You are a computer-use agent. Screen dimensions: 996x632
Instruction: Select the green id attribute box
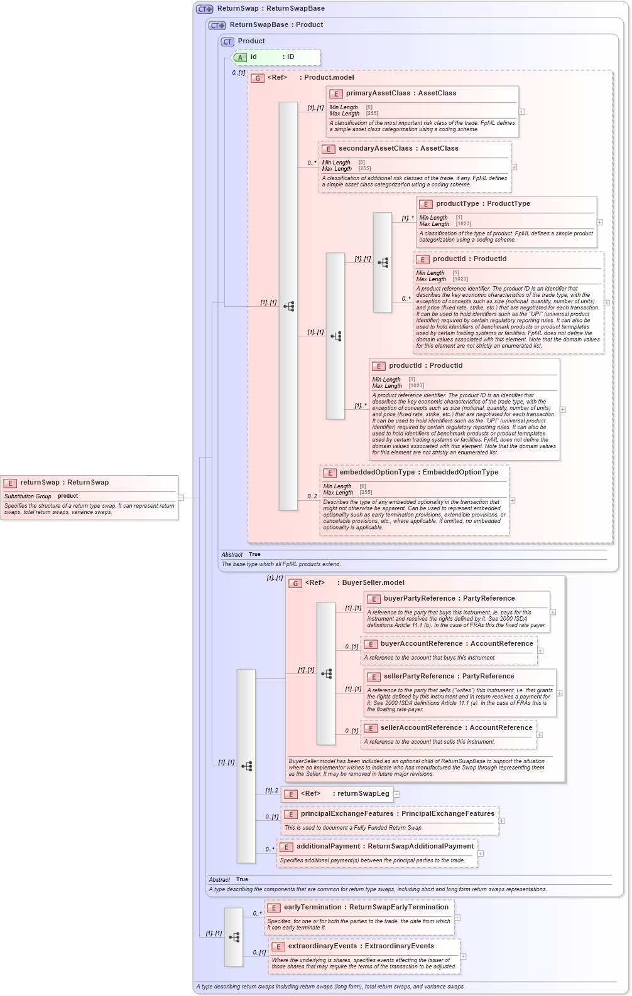pyautogui.click(x=276, y=57)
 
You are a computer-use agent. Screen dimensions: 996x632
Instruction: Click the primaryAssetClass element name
pyautogui.click(x=378, y=94)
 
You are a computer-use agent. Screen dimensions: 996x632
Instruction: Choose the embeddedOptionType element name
pyautogui.click(x=377, y=473)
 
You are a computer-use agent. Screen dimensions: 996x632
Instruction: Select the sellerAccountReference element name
pyautogui.click(x=421, y=728)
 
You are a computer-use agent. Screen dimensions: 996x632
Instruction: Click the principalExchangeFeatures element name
pyautogui.click(x=347, y=814)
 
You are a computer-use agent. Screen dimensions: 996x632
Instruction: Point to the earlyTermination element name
pyautogui.click(x=315, y=908)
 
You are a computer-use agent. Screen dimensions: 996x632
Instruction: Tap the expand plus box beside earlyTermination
pyautogui.click(x=457, y=918)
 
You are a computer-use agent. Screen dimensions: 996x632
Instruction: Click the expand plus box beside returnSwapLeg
pyautogui.click(x=396, y=795)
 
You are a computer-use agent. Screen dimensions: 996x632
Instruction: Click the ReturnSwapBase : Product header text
pyautogui.click(x=276, y=25)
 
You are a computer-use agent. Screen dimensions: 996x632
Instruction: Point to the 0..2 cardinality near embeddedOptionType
pyautogui.click(x=312, y=496)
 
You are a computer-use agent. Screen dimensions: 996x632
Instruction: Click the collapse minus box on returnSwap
pyautogui.click(x=181, y=498)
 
